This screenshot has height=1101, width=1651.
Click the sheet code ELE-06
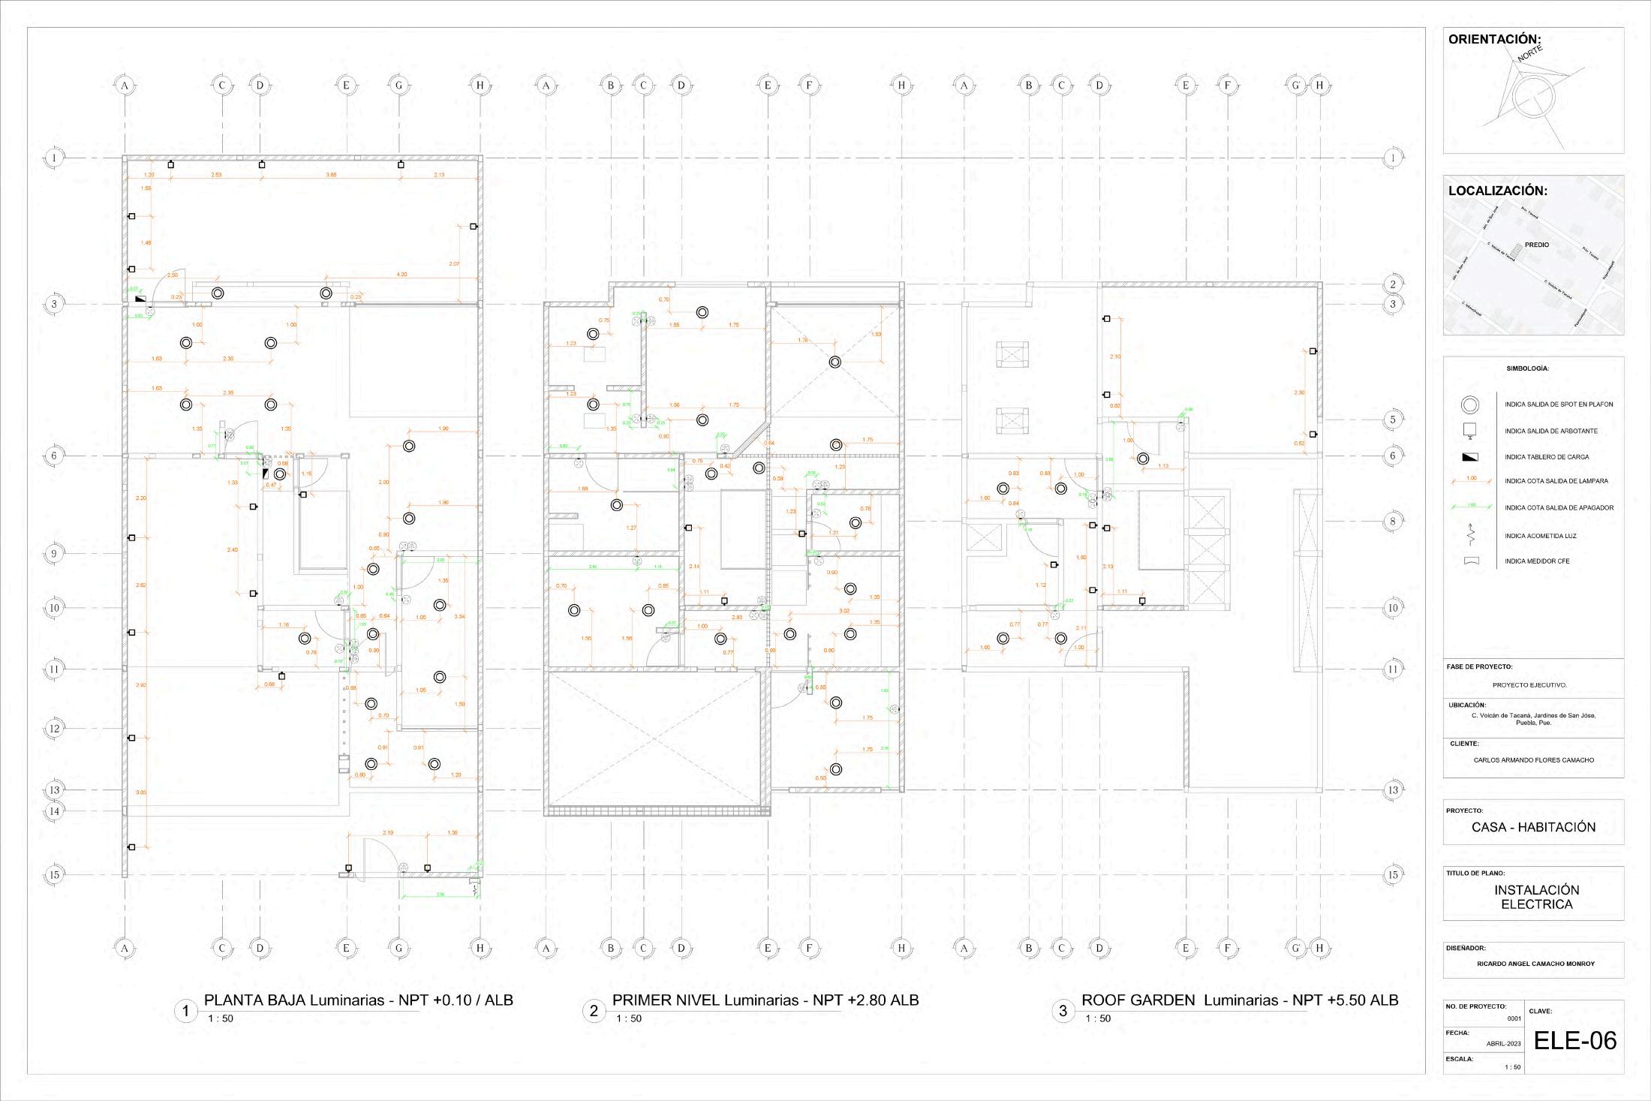point(1574,1040)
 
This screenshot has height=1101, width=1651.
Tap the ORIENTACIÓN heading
point(1494,40)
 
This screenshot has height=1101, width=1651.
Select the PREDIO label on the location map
point(1536,245)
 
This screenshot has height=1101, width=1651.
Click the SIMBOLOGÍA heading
point(1527,369)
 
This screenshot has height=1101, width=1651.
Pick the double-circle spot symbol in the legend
point(1470,405)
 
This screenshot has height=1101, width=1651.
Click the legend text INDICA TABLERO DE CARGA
point(1546,457)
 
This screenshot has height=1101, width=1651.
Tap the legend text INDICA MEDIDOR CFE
point(1537,561)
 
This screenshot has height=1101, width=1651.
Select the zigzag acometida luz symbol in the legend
point(1471,535)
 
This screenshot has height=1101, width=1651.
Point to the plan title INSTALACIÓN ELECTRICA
point(1536,897)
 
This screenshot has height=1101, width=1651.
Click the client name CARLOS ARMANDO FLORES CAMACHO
point(1533,760)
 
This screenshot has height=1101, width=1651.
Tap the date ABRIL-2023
point(1503,1044)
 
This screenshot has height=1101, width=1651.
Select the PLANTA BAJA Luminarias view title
point(358,1000)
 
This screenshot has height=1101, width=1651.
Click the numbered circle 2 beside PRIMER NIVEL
point(594,1011)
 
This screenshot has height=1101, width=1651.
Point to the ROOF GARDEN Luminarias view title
point(1239,1000)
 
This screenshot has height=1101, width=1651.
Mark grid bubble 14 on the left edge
point(54,811)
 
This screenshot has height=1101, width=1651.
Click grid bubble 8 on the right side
point(1393,521)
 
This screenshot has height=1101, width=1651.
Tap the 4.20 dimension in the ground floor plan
point(401,275)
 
